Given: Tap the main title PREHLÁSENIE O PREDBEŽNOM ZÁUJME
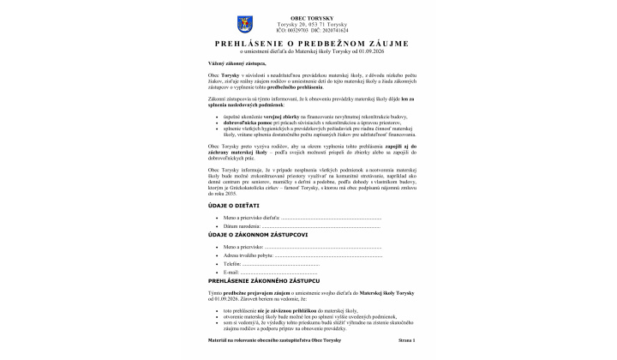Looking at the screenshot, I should (312, 43).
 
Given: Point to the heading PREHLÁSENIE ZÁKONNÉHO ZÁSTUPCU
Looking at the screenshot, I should (264, 280).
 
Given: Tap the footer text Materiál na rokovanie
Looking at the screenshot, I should (236, 341).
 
